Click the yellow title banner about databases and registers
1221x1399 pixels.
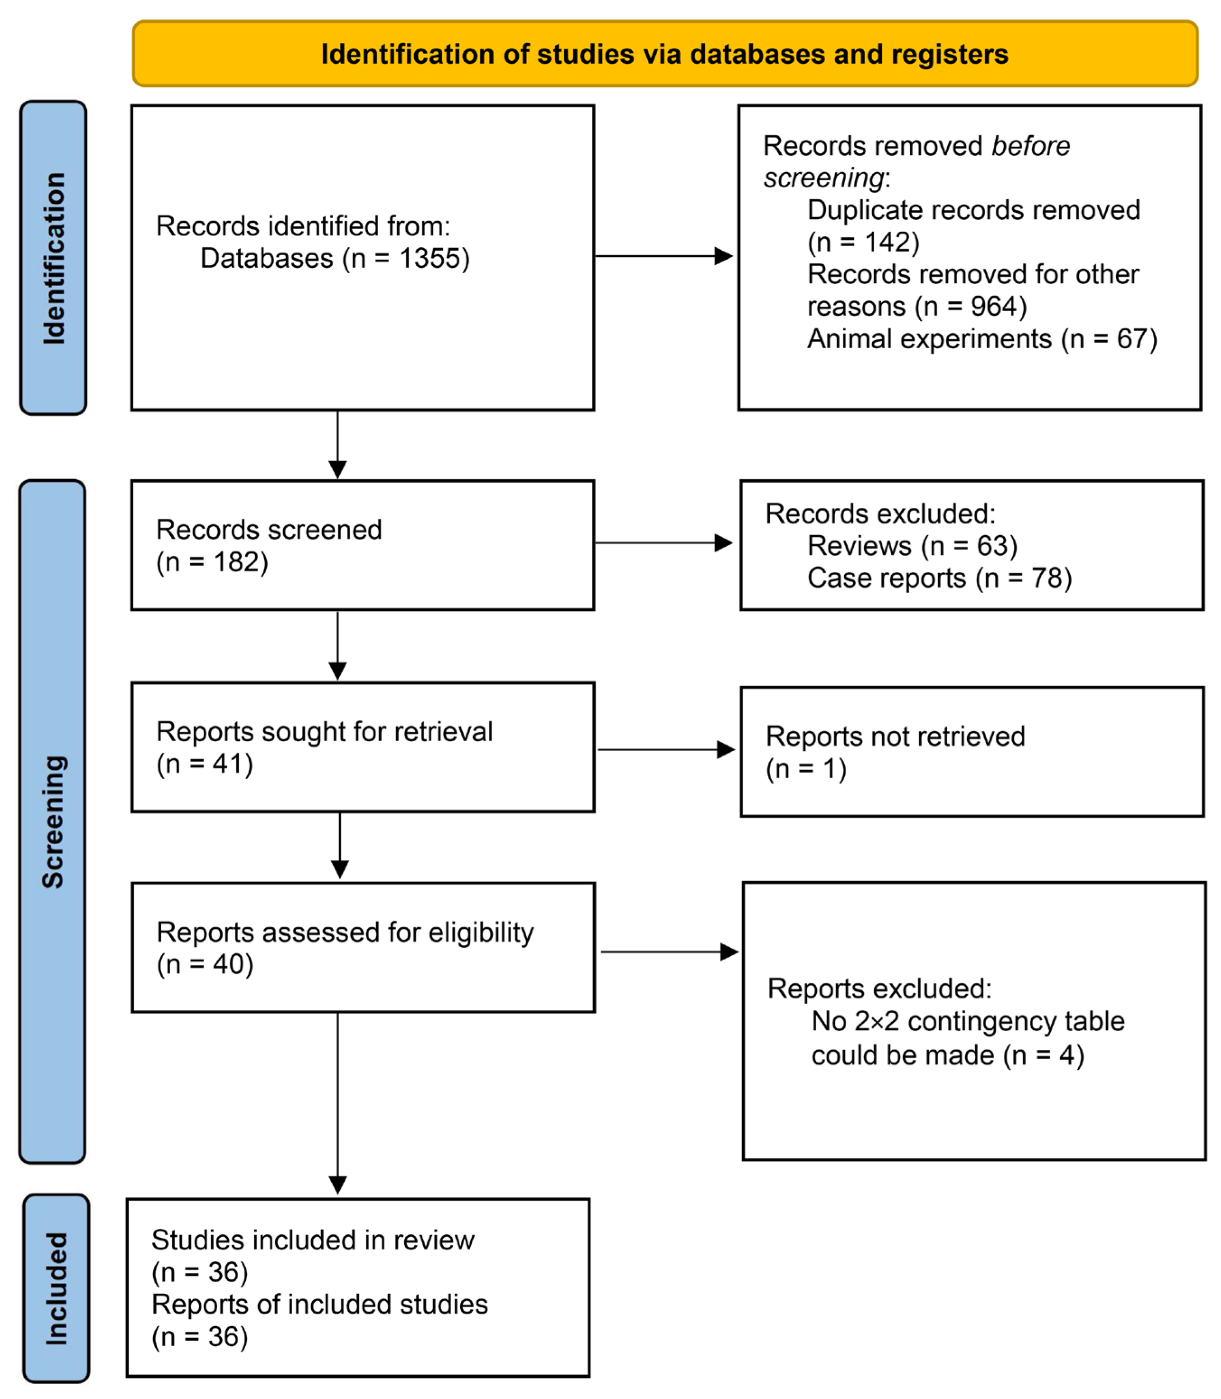(x=664, y=54)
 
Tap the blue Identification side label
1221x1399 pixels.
(x=54, y=257)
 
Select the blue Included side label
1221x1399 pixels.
(x=56, y=1288)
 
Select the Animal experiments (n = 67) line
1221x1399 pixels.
(x=981, y=339)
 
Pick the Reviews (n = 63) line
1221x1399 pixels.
(x=912, y=546)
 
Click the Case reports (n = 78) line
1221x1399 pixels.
(x=939, y=578)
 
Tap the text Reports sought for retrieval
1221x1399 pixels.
(x=324, y=731)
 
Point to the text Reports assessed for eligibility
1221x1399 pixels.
(x=345, y=932)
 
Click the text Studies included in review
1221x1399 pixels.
(x=312, y=1240)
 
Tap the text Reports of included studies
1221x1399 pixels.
(x=319, y=1304)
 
